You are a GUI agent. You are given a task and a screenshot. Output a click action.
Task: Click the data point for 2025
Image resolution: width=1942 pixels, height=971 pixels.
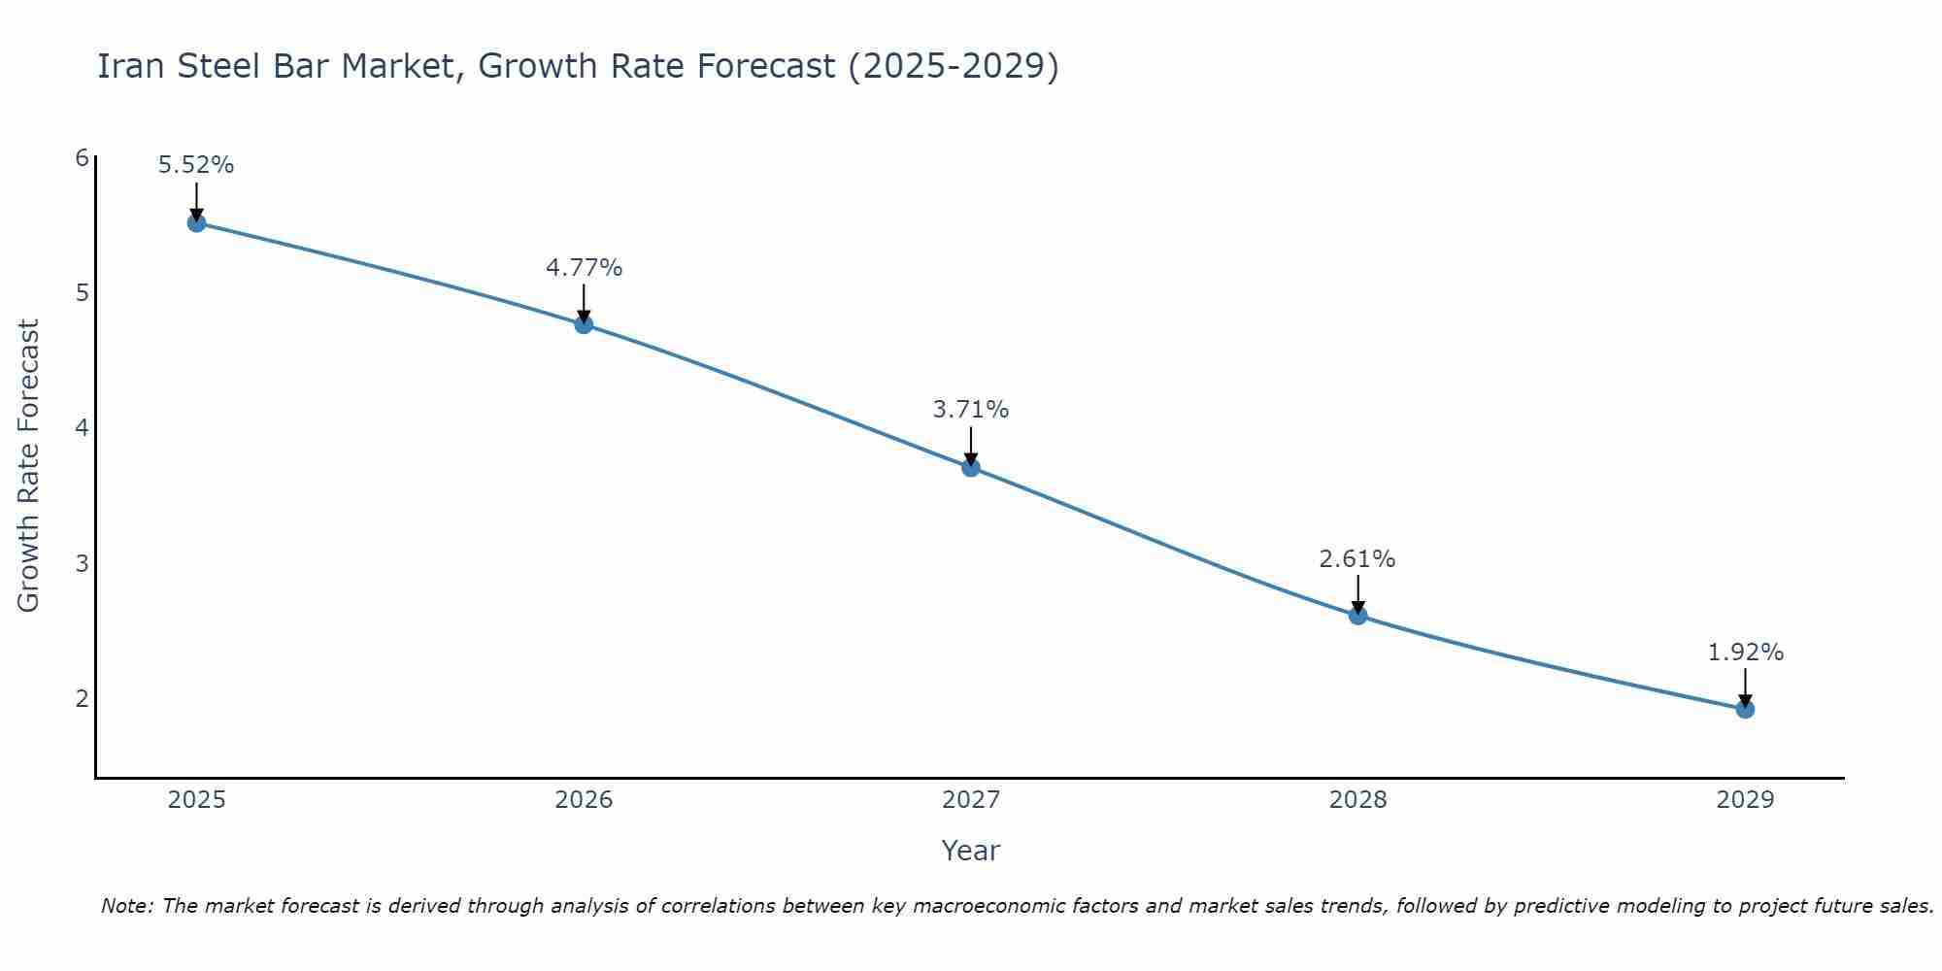pyautogui.click(x=196, y=223)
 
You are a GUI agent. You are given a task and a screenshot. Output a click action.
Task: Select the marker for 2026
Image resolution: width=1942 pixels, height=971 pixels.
pyautogui.click(x=584, y=324)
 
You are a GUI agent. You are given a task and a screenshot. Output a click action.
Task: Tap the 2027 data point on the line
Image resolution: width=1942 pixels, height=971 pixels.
pyautogui.click(x=971, y=468)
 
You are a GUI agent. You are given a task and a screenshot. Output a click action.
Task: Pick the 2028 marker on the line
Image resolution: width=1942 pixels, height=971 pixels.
pyautogui.click(x=1357, y=616)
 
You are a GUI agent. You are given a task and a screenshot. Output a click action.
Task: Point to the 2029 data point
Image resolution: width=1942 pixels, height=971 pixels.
pyautogui.click(x=1745, y=709)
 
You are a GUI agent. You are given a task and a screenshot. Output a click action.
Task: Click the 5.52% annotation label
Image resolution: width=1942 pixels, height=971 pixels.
pyautogui.click(x=196, y=165)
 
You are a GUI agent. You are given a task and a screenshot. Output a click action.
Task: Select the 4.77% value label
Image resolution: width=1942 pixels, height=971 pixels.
pyautogui.click(x=584, y=267)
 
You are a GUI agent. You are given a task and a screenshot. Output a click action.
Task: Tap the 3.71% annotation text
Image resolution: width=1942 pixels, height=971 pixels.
pyautogui.click(x=971, y=410)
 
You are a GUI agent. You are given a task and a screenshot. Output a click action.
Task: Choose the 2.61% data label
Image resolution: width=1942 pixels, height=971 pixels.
pyautogui.click(x=1357, y=559)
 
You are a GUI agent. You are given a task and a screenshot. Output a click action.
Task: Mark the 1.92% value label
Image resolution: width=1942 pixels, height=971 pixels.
pyautogui.click(x=1745, y=653)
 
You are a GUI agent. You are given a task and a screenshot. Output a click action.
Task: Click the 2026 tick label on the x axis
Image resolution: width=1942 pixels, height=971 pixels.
pyautogui.click(x=584, y=800)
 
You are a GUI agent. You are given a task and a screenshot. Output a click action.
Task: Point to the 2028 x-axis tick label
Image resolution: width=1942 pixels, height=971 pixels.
pyautogui.click(x=1357, y=800)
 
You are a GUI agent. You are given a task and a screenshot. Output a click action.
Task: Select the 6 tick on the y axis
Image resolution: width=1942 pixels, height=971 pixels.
pyautogui.click(x=82, y=158)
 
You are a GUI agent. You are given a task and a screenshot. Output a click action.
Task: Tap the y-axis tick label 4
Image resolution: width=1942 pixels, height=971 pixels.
pyautogui.click(x=82, y=428)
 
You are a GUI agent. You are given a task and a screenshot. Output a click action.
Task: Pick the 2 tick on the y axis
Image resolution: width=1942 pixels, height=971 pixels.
pyautogui.click(x=82, y=698)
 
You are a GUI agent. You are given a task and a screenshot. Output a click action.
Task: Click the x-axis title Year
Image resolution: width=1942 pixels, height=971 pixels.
pyautogui.click(x=970, y=851)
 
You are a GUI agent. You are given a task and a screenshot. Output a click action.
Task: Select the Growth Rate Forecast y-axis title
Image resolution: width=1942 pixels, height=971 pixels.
pyautogui.click(x=29, y=466)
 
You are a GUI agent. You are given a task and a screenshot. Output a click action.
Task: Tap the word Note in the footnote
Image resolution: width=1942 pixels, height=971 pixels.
pyautogui.click(x=126, y=906)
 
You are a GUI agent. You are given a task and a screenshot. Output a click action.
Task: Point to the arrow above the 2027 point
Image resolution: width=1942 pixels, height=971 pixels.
pyautogui.click(x=971, y=446)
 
